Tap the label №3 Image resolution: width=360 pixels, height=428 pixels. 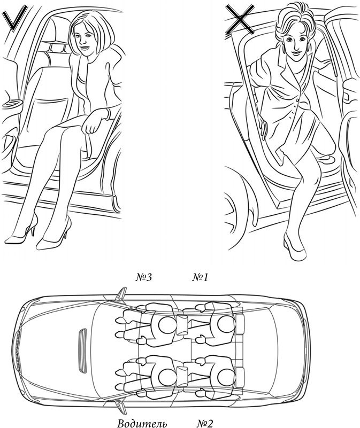pyautogui.click(x=144, y=278)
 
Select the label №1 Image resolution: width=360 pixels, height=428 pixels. pyautogui.click(x=200, y=278)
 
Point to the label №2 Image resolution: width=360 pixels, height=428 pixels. pyautogui.click(x=204, y=423)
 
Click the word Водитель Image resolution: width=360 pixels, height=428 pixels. pyautogui.click(x=142, y=424)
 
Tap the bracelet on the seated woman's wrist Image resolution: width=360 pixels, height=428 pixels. pyautogui.click(x=108, y=114)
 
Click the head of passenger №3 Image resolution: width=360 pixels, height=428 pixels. pyautogui.click(x=167, y=325)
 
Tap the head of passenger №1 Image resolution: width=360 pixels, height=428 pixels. pyautogui.click(x=226, y=324)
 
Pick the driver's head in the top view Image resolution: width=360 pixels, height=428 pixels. pyautogui.click(x=167, y=378)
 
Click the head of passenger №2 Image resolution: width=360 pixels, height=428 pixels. pyautogui.click(x=226, y=378)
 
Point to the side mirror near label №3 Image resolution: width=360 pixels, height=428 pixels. pyautogui.click(x=120, y=294)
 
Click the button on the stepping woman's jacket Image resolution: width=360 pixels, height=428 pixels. pyautogui.click(x=297, y=101)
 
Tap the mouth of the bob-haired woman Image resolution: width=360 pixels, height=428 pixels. pyautogui.click(x=85, y=48)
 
